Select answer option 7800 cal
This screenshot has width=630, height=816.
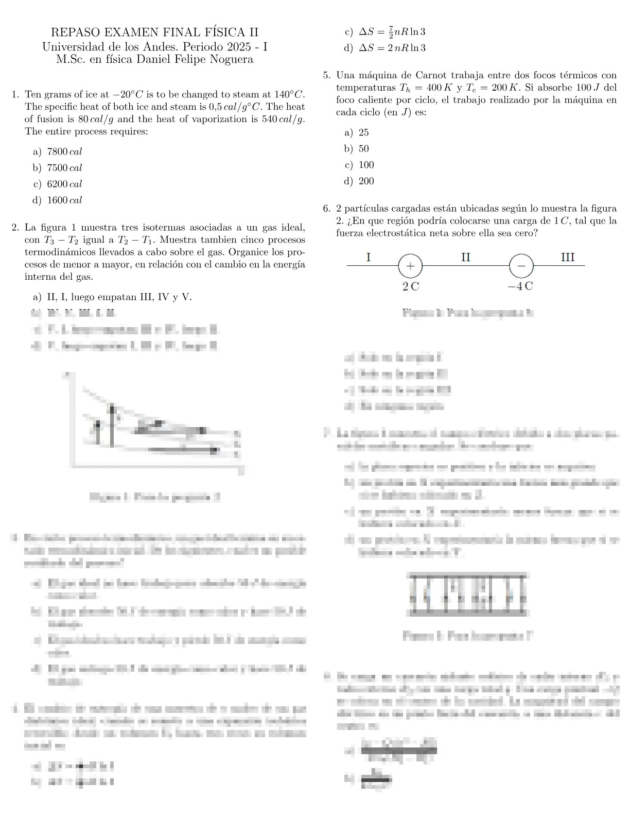tap(64, 152)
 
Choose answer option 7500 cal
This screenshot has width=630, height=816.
tap(64, 168)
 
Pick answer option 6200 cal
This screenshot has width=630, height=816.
tap(64, 184)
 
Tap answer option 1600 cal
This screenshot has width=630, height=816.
tap(64, 200)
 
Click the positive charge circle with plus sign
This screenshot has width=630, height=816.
tap(410, 266)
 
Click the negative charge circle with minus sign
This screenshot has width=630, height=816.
tap(521, 266)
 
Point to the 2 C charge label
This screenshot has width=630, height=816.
tap(411, 286)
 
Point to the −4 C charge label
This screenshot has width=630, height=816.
tap(520, 286)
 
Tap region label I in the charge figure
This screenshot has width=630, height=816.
tap(369, 257)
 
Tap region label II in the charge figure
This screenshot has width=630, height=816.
tap(465, 257)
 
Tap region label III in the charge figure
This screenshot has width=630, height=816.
tap(568, 257)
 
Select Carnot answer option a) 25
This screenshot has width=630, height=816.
tap(363, 133)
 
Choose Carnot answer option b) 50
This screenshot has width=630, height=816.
tap(363, 149)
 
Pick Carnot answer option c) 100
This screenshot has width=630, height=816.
tap(366, 165)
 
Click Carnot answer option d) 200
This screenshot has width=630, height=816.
tap(366, 181)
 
